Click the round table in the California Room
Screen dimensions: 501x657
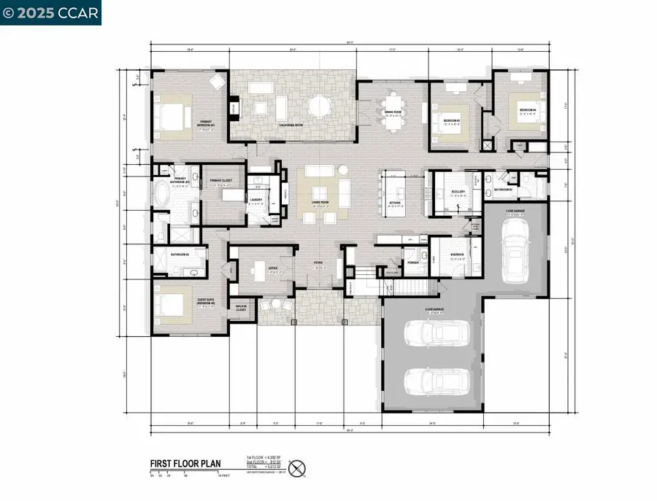coord(319,107)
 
